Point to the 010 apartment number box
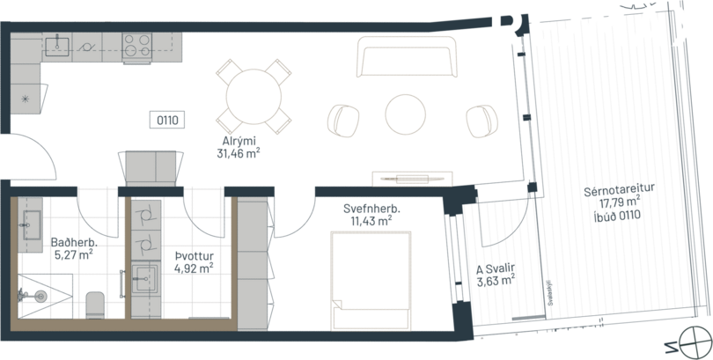[166, 119]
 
